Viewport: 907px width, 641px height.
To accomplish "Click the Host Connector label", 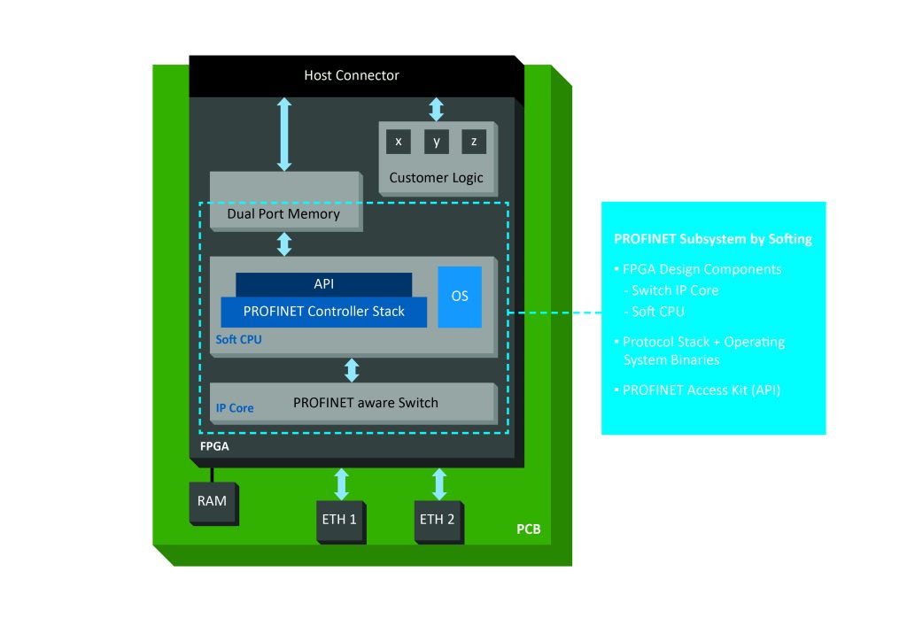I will pyautogui.click(x=352, y=75).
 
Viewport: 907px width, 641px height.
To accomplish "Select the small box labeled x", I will pyautogui.click(x=399, y=142).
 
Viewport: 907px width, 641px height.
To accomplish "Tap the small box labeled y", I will pyautogui.click(x=436, y=142).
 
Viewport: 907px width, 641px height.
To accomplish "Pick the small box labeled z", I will pyautogui.click(x=474, y=142).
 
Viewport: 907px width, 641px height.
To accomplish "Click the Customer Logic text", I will pyautogui.click(x=436, y=178).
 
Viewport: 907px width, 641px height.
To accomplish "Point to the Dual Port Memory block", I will pyautogui.click(x=283, y=213).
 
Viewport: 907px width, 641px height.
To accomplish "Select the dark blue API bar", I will pyautogui.click(x=323, y=284).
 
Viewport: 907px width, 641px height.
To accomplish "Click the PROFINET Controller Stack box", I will pyautogui.click(x=323, y=311).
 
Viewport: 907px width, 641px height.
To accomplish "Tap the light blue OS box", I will pyautogui.click(x=460, y=297).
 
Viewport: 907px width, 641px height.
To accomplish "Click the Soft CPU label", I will pyautogui.click(x=239, y=339).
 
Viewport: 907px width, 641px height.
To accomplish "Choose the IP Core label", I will pyautogui.click(x=235, y=408).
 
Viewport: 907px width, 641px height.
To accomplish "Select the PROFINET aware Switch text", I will pyautogui.click(x=365, y=403).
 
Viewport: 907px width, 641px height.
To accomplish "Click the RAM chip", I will pyautogui.click(x=213, y=501).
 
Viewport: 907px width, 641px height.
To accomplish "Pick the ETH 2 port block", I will pyautogui.click(x=438, y=519).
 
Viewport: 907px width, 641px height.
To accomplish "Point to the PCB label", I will pyautogui.click(x=528, y=530).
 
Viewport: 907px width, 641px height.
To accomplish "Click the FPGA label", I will pyautogui.click(x=214, y=446).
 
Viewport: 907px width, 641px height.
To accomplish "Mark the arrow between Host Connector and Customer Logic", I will pyautogui.click(x=436, y=109).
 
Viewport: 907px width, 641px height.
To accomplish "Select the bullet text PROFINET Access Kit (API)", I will pyautogui.click(x=701, y=390).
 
